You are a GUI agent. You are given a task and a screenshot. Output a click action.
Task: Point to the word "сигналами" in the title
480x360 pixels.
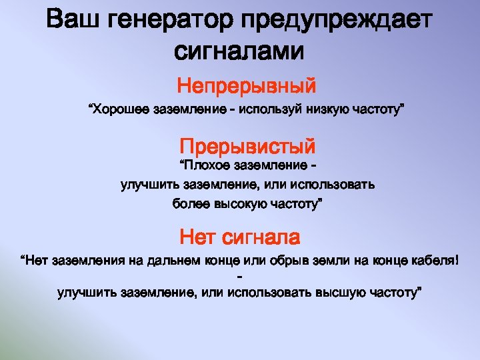coord(239,50)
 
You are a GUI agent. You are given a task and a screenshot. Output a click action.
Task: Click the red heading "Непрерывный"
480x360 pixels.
coord(246,86)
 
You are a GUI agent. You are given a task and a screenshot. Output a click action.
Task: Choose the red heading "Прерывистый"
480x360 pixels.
coord(247,145)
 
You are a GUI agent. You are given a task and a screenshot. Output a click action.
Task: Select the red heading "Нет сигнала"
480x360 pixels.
coord(240,236)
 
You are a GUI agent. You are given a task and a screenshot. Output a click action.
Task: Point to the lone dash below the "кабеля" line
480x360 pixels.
coord(239,276)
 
